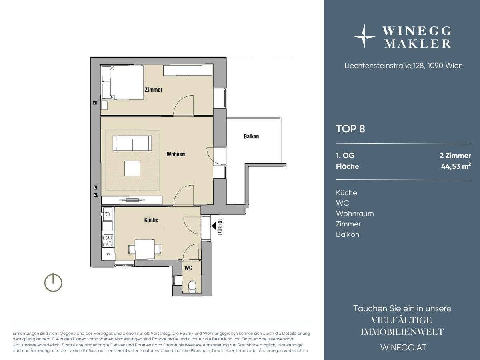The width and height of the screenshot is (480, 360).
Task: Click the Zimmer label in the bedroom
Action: click(154, 90)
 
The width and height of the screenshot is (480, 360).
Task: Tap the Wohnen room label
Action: click(176, 154)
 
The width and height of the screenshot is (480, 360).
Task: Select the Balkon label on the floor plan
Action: click(251, 136)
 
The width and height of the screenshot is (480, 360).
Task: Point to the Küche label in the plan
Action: click(151, 220)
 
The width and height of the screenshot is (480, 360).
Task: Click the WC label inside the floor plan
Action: click(188, 268)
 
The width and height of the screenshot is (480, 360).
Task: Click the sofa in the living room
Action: click(132, 143)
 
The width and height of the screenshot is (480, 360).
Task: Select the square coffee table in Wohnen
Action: click(132, 168)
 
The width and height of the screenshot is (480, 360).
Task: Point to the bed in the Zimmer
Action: click(123, 83)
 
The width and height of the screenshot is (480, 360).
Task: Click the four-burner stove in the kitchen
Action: click(108, 241)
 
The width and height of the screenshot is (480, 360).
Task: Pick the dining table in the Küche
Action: click(145, 249)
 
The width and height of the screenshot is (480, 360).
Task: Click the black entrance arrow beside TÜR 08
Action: click(214, 226)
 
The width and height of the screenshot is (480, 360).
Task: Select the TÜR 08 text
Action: click(220, 227)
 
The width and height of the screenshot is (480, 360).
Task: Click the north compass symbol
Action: click(53, 282)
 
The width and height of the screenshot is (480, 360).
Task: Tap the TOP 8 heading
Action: click(350, 129)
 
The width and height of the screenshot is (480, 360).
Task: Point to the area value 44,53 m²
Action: click(456, 166)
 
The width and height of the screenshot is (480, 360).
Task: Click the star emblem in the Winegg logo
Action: click(364, 36)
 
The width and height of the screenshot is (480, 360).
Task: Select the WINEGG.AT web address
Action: click(404, 348)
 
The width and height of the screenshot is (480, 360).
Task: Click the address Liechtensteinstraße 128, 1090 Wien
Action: click(404, 66)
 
